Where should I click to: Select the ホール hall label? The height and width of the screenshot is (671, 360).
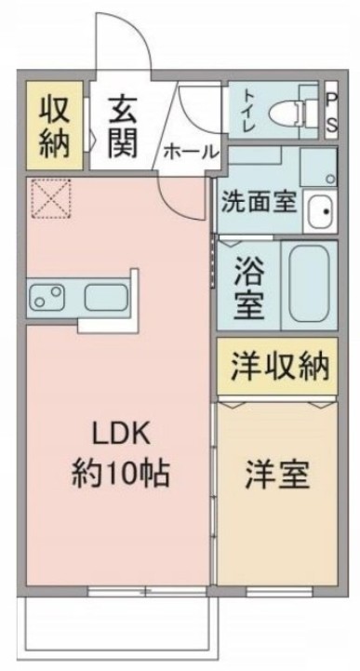click(x=191, y=151)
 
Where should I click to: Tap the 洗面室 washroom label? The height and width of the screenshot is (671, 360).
click(x=259, y=201)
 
